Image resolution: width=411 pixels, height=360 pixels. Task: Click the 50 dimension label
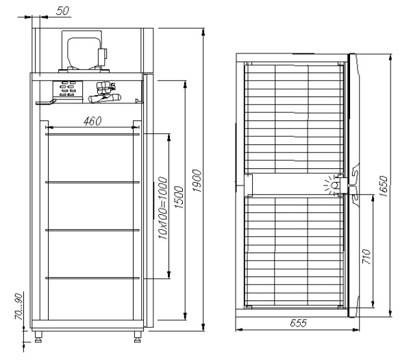(x=62, y=11)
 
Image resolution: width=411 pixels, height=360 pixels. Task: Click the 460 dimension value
(x=92, y=121)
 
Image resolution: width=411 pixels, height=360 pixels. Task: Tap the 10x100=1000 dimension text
(x=163, y=208)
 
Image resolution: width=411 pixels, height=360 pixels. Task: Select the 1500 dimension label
(x=179, y=197)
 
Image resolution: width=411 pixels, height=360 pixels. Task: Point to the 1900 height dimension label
(x=197, y=181)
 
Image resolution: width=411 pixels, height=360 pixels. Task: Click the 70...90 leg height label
(x=18, y=307)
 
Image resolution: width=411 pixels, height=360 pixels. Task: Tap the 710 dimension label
(x=366, y=257)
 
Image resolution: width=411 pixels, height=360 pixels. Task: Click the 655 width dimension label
(x=298, y=323)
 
